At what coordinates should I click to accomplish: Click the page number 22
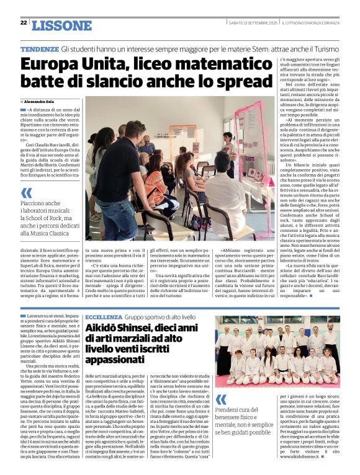(x=24, y=22)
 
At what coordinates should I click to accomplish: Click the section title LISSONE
(x=61, y=25)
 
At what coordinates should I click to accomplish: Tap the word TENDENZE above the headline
(x=40, y=48)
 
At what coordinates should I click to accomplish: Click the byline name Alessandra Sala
(x=41, y=101)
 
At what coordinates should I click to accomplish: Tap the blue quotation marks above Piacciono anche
(x=26, y=193)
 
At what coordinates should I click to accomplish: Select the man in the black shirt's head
(x=133, y=131)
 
